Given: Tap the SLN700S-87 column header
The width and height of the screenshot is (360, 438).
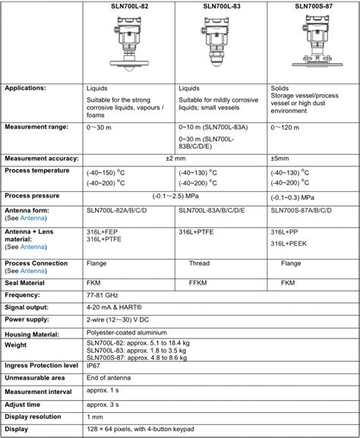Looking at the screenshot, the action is (x=314, y=6).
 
